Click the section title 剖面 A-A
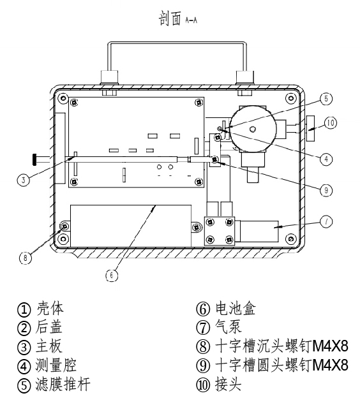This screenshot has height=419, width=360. [x=178, y=18]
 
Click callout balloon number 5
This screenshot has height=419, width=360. [x=326, y=99]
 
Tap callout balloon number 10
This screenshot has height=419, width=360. [x=331, y=123]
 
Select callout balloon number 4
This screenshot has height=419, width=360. [x=326, y=159]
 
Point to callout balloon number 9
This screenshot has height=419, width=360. [x=326, y=190]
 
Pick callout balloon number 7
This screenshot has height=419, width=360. [x=326, y=221]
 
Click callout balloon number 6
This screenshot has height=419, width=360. [x=112, y=276]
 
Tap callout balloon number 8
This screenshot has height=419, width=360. [x=26, y=258]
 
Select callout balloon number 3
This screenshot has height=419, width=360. [x=23, y=180]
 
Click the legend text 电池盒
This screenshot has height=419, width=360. [x=236, y=309]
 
